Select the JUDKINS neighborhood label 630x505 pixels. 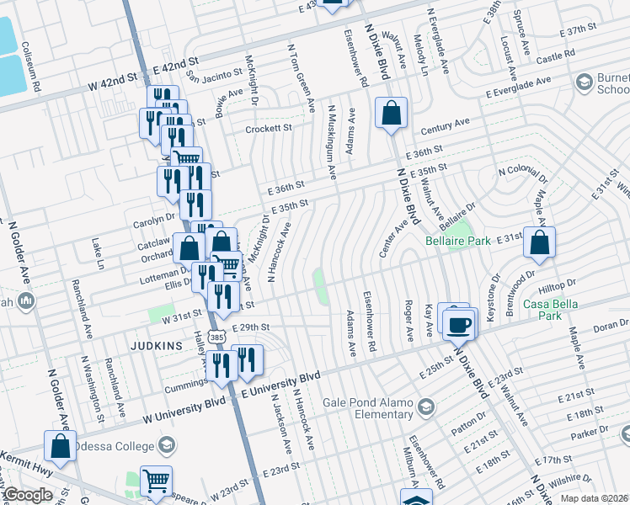click(157, 345)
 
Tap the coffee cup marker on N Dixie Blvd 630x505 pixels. click(458, 323)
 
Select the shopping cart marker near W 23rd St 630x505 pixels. click(155, 481)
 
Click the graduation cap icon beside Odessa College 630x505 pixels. click(168, 444)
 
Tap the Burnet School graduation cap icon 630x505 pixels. click(583, 82)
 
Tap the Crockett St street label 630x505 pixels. click(268, 129)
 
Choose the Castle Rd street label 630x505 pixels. click(555, 55)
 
